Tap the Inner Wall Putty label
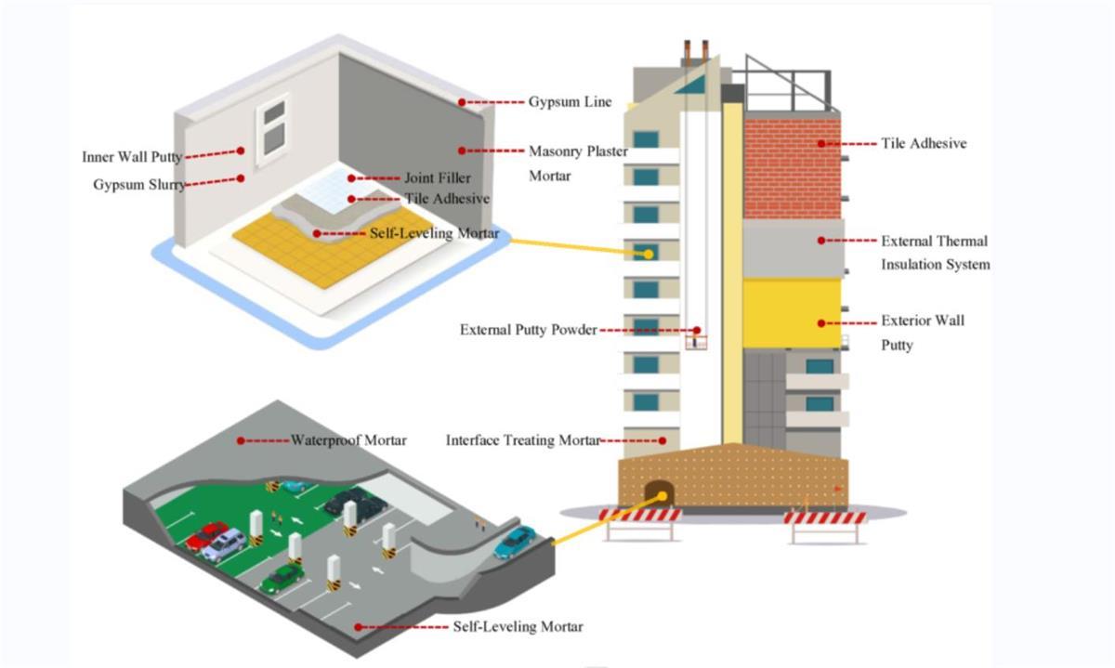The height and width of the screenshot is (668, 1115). (131, 157)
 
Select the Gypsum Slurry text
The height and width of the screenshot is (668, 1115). (139, 185)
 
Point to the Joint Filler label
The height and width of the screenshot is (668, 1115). (437, 177)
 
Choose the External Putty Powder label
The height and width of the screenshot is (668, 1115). (528, 330)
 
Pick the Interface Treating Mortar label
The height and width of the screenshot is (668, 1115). (523, 440)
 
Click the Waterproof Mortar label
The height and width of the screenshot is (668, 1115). (348, 440)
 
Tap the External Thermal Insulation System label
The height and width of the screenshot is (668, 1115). (935, 253)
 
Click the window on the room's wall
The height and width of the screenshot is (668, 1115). (272, 129)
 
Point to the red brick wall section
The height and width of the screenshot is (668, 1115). (792, 167)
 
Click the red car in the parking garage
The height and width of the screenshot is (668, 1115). (206, 536)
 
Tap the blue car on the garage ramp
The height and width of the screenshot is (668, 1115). (515, 542)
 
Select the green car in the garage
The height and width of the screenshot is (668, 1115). (281, 579)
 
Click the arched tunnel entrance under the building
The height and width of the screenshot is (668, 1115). (661, 494)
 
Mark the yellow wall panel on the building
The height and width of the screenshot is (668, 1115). (792, 314)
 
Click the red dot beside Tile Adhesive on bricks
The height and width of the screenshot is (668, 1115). (821, 144)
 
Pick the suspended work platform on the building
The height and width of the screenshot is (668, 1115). (692, 340)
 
